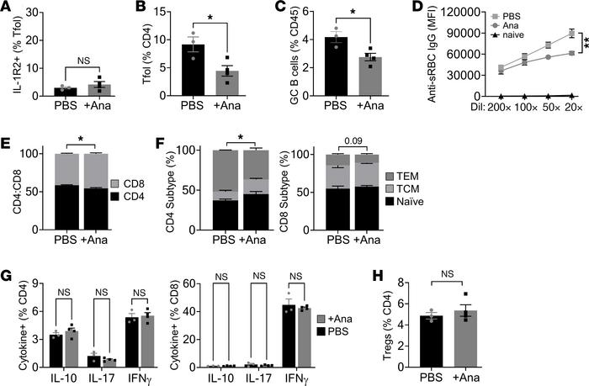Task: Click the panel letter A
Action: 8,9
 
